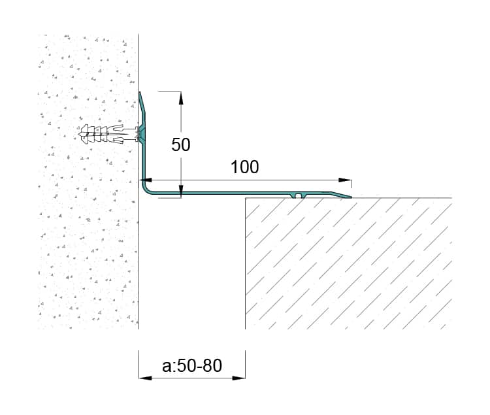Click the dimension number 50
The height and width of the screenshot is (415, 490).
(180, 144)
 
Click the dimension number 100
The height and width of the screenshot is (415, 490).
(245, 167)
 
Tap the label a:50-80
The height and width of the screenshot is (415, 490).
(192, 365)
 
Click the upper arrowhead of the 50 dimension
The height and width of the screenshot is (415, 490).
(181, 98)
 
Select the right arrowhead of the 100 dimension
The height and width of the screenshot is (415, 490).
(346, 180)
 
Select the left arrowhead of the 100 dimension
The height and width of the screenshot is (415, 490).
(146, 180)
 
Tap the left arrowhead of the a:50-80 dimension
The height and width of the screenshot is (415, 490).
(145, 378)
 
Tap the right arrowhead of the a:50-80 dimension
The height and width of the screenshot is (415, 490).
(238, 378)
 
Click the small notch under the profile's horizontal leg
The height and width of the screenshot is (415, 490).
(299, 196)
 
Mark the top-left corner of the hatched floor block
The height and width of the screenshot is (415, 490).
(245, 198)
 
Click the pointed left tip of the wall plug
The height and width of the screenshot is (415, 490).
(79, 134)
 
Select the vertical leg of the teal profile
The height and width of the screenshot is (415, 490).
(143, 141)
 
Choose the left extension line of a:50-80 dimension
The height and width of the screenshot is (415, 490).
(139, 365)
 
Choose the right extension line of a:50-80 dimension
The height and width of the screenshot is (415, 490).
(245, 365)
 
